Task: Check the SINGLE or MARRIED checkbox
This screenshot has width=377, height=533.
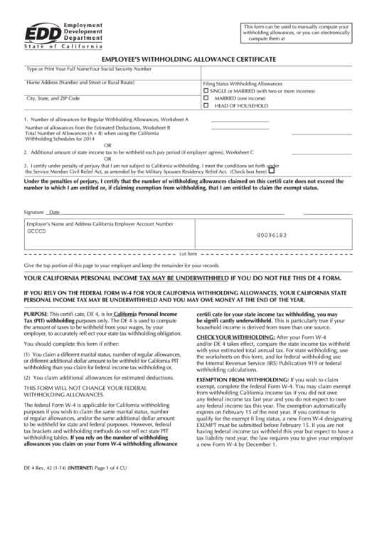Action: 207,92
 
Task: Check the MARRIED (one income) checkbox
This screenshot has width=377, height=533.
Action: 207,98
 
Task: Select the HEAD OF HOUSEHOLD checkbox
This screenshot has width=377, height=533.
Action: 207,105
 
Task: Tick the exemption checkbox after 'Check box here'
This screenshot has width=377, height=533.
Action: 291,171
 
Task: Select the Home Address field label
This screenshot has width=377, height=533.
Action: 70,83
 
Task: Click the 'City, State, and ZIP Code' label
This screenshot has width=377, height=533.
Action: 53,97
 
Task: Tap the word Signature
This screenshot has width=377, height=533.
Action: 33,213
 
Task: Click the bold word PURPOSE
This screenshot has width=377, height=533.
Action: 36,313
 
